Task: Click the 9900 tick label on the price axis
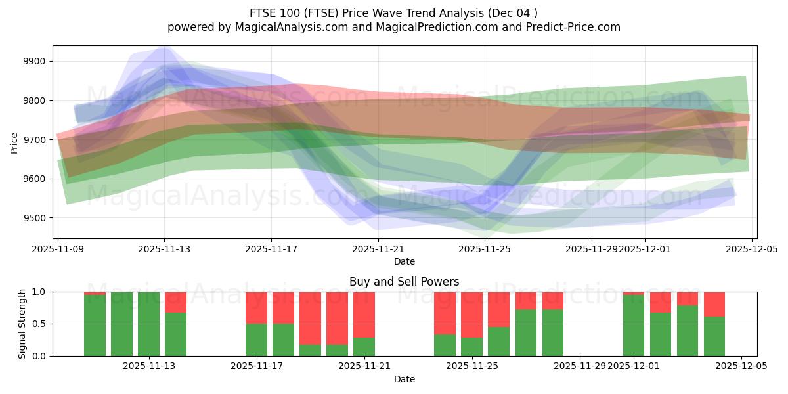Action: [35, 62]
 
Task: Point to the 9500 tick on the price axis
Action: [35, 218]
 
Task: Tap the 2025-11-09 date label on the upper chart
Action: [58, 250]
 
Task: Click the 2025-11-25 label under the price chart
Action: [485, 250]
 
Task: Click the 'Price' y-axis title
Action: [14, 142]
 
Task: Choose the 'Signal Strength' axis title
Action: [22, 324]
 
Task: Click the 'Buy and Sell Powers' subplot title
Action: [405, 282]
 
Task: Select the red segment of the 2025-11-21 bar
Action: [364, 314]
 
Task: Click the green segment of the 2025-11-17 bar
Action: [256, 339]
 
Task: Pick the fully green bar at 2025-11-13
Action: [148, 324]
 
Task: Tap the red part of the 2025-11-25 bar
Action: [471, 314]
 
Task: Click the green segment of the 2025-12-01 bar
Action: [634, 326]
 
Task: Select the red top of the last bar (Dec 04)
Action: [714, 303]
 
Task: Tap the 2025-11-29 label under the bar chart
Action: [580, 366]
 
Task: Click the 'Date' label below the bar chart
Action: [405, 379]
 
